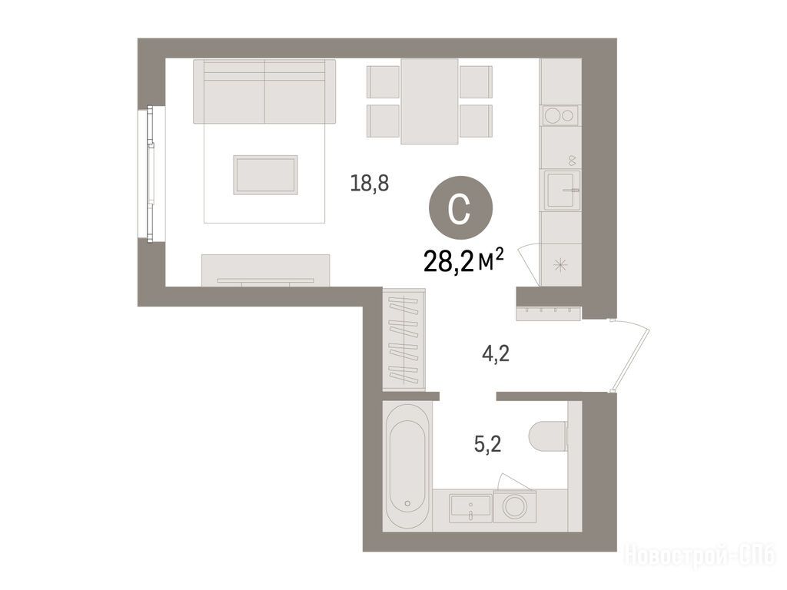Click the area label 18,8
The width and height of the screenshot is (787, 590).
(x=370, y=184)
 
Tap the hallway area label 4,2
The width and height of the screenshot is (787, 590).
(x=496, y=354)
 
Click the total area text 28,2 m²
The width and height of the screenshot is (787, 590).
(x=463, y=261)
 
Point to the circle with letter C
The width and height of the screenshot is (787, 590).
(x=460, y=208)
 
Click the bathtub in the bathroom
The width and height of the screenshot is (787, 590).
(x=407, y=466)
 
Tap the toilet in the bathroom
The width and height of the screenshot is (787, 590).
(x=548, y=436)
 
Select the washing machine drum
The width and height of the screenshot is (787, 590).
(x=515, y=506)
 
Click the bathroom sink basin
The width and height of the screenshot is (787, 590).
(x=470, y=505)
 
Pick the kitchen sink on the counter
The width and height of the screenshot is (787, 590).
(x=563, y=190)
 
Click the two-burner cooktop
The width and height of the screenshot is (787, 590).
(x=560, y=116)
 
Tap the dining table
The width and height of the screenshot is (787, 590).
(x=429, y=101)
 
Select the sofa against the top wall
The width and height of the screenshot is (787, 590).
(x=264, y=91)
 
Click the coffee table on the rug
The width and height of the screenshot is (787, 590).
(x=265, y=174)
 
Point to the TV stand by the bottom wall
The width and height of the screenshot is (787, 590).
(x=265, y=270)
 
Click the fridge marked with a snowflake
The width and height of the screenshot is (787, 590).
(x=560, y=265)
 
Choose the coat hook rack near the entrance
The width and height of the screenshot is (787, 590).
(x=549, y=313)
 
